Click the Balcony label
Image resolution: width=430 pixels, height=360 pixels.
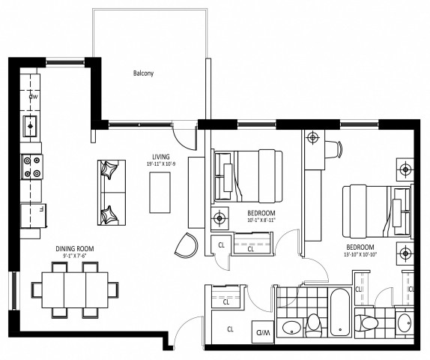(x=143, y=73)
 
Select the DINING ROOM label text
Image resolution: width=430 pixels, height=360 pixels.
(x=75, y=249)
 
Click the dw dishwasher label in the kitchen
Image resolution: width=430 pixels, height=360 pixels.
(x=33, y=97)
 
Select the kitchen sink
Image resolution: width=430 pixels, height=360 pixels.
(x=31, y=125)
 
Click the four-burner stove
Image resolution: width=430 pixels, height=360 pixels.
(x=33, y=166)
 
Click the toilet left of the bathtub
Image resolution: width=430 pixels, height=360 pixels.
(x=314, y=325)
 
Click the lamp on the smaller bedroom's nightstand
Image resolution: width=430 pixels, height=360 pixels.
(x=219, y=219)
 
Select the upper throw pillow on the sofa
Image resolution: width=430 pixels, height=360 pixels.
(x=109, y=170)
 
